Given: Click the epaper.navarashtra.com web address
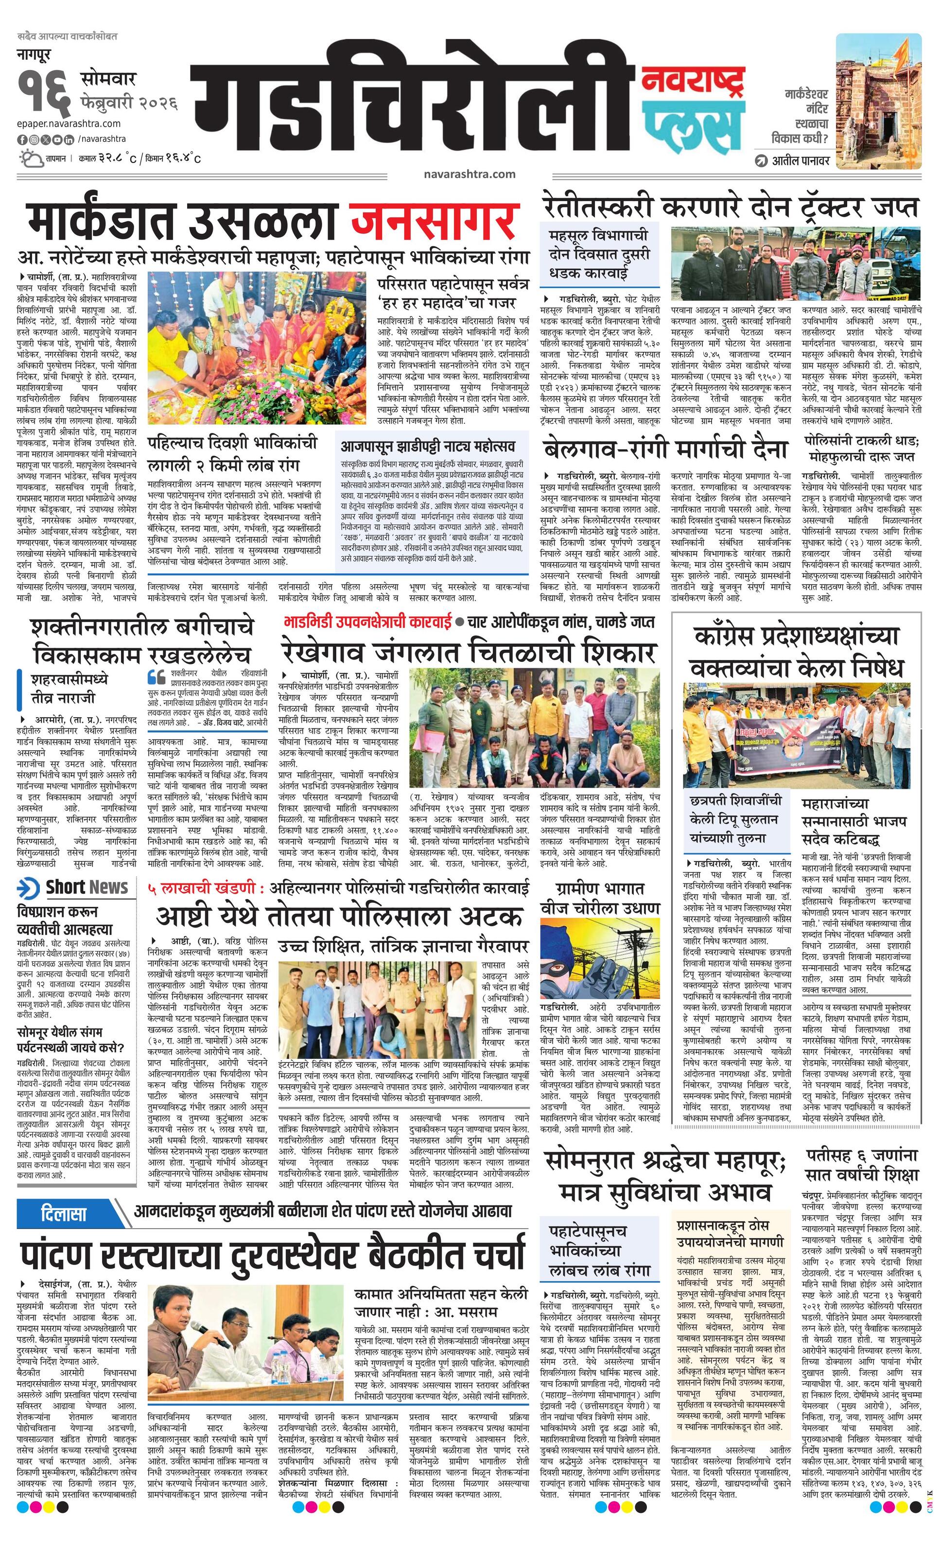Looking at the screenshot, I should [69, 123].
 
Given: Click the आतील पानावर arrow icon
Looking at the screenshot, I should [761, 160].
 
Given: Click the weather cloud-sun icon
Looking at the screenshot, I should [31, 157].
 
